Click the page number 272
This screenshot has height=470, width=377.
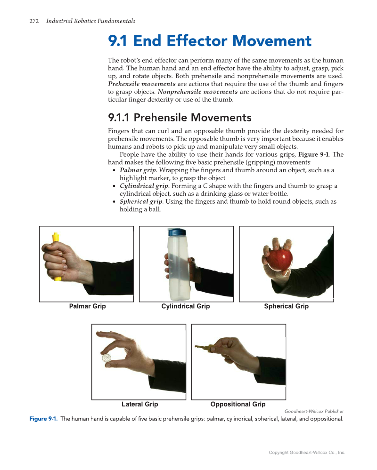33,21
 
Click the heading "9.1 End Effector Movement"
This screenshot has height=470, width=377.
210,41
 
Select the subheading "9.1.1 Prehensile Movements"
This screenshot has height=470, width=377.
180,117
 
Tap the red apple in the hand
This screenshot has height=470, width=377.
280,259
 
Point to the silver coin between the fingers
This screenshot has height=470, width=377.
107,358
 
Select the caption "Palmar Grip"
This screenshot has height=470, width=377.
87,306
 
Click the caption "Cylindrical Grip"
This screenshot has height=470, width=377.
185,306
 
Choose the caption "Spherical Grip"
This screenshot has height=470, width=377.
286,306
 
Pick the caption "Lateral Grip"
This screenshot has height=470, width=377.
139,404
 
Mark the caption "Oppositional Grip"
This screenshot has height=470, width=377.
238,404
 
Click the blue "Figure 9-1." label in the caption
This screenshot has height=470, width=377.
43,419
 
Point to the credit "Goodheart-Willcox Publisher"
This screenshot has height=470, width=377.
314,411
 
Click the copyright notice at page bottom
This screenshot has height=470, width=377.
307,453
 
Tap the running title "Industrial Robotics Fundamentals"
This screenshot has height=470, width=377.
90,21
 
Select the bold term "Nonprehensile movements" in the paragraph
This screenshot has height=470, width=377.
197,92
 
